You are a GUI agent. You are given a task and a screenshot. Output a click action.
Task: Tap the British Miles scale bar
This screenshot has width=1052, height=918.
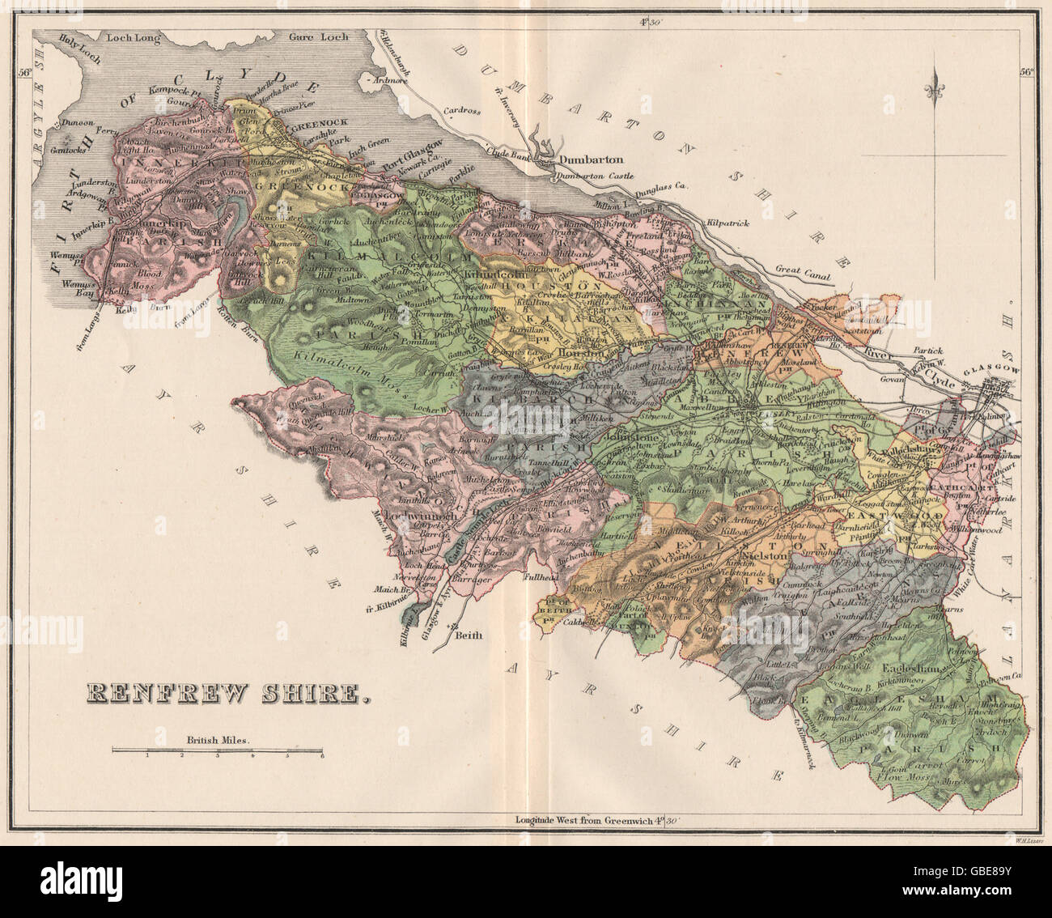click(x=218, y=752)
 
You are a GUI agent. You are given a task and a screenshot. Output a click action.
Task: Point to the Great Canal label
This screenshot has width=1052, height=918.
click(x=802, y=274)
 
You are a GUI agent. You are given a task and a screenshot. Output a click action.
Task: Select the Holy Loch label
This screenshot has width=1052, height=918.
click(x=62, y=36)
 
